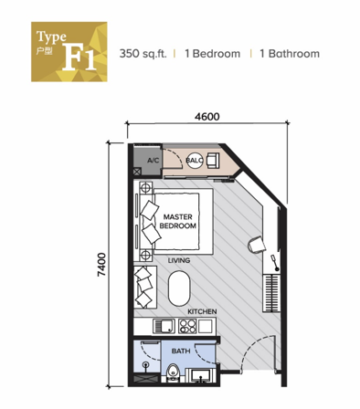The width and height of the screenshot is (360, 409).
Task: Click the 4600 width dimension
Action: pyautogui.click(x=206, y=117)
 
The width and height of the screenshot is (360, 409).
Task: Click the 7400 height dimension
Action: pyautogui.click(x=101, y=265)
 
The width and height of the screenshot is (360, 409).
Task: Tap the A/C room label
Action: pyautogui.click(x=154, y=160)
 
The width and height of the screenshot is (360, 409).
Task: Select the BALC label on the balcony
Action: pyautogui.click(x=195, y=160)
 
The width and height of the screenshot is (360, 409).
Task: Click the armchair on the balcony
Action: pyautogui.click(x=213, y=161)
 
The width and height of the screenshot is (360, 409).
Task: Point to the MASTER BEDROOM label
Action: pyautogui.click(x=177, y=221)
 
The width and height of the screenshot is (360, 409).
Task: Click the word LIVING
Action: pyautogui.click(x=179, y=260)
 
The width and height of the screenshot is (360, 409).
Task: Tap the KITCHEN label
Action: pyautogui.click(x=202, y=311)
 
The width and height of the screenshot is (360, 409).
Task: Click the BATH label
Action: pyautogui.click(x=181, y=351)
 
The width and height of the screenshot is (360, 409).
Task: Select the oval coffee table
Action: pyautogui.click(x=179, y=288)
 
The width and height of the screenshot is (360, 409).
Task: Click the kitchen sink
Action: pyautogui.click(x=164, y=326)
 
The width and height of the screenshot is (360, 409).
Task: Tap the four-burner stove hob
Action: pyautogui.click(x=187, y=326)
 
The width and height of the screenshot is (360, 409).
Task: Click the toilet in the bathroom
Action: pyautogui.click(x=174, y=372)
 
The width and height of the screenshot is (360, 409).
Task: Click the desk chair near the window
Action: pyautogui.click(x=256, y=244)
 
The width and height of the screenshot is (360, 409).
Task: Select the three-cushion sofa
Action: pyautogui.click(x=145, y=288)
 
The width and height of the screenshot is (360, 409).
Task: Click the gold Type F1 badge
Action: pyautogui.click(x=69, y=52)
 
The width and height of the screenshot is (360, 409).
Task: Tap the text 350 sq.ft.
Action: pyautogui.click(x=143, y=54)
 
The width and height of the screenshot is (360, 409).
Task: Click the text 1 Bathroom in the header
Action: pyautogui.click(x=290, y=54)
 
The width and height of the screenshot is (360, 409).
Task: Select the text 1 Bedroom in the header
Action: pyautogui.click(x=213, y=54)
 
